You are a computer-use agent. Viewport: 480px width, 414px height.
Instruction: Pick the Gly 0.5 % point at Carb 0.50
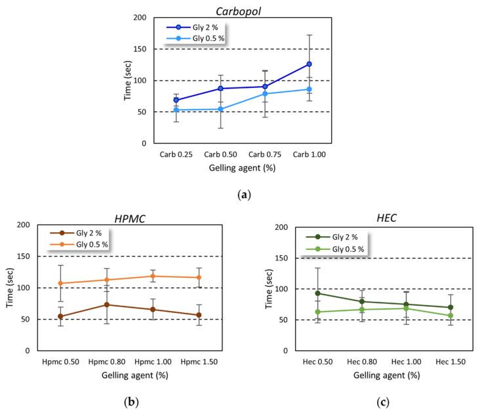point(220,109)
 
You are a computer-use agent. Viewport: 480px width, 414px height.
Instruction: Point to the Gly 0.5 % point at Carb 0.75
point(265,94)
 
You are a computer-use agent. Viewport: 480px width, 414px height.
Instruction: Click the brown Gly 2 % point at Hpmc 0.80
point(106,304)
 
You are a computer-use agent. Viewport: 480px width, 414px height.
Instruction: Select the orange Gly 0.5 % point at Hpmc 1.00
point(153,276)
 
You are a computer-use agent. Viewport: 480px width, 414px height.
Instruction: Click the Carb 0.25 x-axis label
point(176,155)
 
